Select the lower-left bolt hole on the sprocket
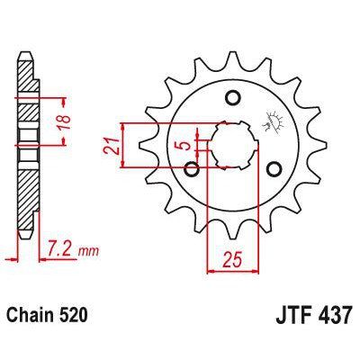191,167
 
